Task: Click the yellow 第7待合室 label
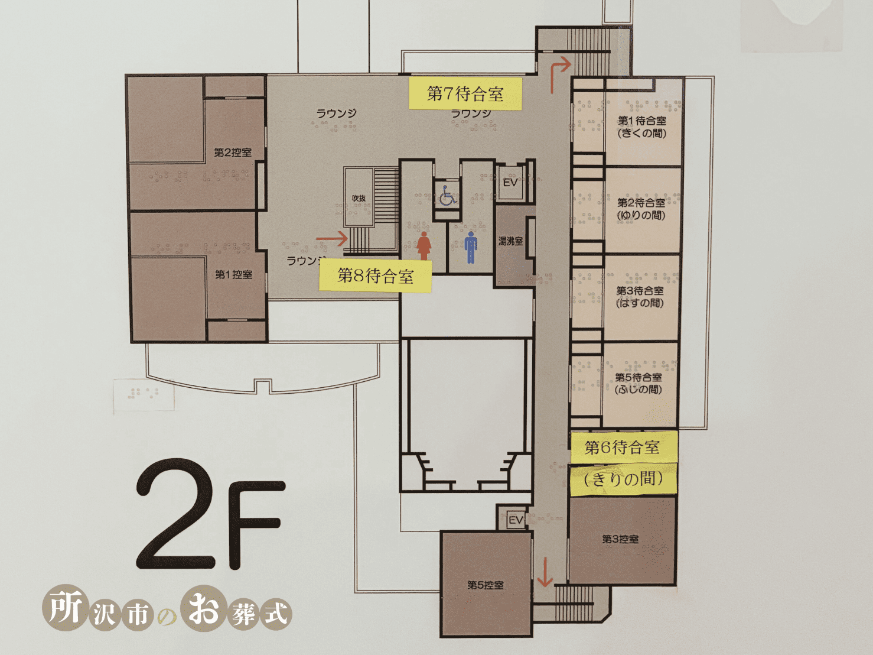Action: click(x=465, y=93)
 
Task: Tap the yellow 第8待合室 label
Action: click(x=375, y=275)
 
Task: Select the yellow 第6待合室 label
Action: click(x=623, y=448)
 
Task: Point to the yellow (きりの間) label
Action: click(x=623, y=479)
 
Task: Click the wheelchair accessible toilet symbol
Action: click(x=448, y=196)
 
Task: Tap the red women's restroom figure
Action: click(x=424, y=245)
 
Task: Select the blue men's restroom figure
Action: click(x=471, y=247)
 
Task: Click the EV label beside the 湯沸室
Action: click(x=510, y=183)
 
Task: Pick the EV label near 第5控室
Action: click(x=516, y=520)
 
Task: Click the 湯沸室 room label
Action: click(x=511, y=241)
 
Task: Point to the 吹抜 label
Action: click(x=359, y=198)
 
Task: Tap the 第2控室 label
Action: click(x=233, y=153)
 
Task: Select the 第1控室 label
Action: click(x=233, y=274)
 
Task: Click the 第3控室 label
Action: click(x=620, y=539)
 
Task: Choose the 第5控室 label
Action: click(x=485, y=585)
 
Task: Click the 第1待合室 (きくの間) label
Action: click(x=641, y=127)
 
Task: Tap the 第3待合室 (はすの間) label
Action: click(x=640, y=297)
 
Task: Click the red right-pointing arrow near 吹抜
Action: click(x=332, y=239)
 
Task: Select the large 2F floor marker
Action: click(x=211, y=514)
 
